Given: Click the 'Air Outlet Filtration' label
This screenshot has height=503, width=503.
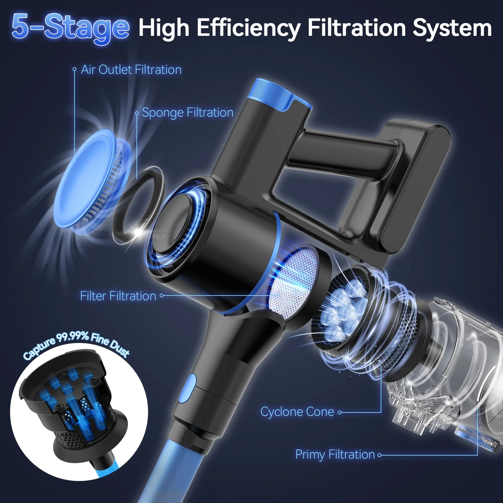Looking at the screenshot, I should [x=131, y=70].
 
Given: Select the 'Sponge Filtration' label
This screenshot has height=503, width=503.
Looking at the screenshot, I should [x=188, y=113].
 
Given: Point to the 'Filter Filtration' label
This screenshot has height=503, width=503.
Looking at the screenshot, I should [x=118, y=296].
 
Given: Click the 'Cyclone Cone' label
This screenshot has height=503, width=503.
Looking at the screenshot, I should [x=297, y=412].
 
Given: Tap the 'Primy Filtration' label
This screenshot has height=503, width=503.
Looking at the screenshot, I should [x=335, y=455].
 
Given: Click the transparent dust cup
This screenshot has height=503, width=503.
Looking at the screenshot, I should [x=459, y=362].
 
